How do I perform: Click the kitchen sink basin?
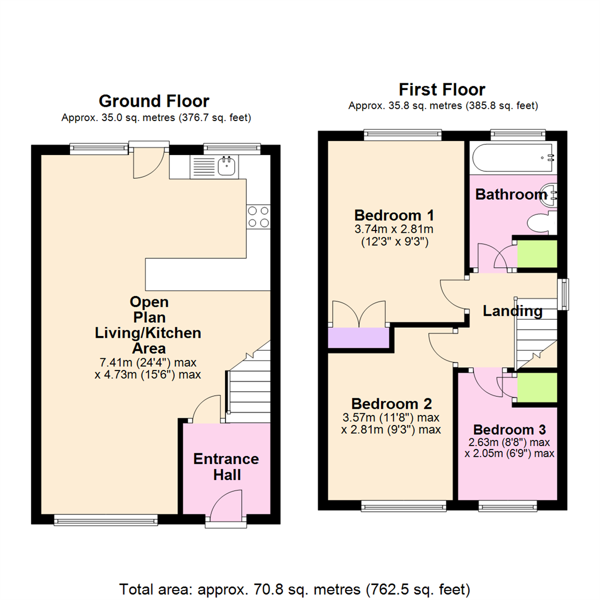point(226,166)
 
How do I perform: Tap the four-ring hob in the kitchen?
point(258,216)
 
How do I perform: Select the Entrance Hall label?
point(226,467)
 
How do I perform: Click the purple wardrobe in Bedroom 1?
point(358,338)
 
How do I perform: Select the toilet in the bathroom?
point(542,224)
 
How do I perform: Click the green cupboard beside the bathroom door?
point(537,254)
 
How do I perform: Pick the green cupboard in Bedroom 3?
point(537,387)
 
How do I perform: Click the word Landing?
point(512,311)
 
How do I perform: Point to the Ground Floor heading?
point(154,101)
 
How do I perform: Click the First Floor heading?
point(442,89)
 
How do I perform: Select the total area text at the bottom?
point(295,588)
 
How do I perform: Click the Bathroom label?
point(511,194)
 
